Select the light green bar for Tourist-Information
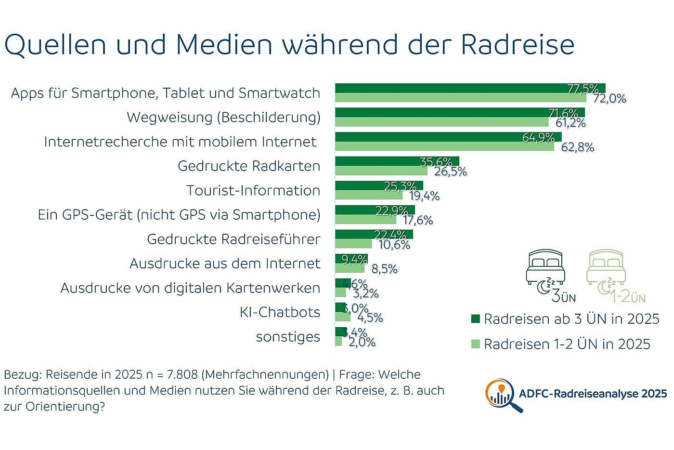[368, 195]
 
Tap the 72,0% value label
[609, 99]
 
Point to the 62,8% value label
[577, 147]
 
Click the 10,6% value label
[394, 245]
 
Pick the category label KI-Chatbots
[280, 312]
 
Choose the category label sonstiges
[288, 337]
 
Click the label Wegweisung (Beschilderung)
[223, 117]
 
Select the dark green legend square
[475, 318]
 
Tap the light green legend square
[475, 344]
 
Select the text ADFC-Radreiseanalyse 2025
[593, 394]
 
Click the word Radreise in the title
[518, 44]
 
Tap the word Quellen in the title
[55, 44]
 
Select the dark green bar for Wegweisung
[460, 112]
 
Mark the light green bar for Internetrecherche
[444, 146]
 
